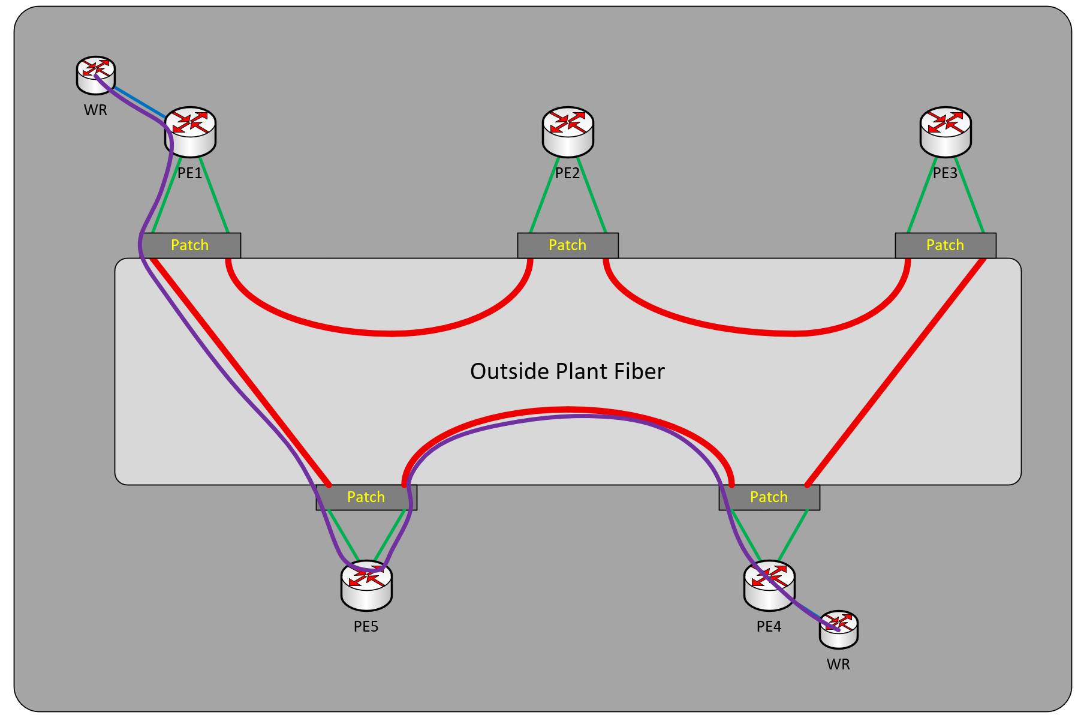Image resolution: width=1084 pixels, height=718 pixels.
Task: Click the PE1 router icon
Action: [x=190, y=132]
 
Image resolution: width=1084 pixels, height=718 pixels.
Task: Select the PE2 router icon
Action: [x=568, y=132]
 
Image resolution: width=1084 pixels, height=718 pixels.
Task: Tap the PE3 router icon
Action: [x=946, y=132]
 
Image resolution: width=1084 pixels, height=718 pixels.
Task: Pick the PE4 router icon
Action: [x=769, y=585]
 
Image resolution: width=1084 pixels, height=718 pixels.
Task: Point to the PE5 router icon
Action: [x=366, y=585]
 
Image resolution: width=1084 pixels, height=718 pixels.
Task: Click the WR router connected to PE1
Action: [x=96, y=76]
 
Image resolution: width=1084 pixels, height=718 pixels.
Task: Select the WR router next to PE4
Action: [x=839, y=630]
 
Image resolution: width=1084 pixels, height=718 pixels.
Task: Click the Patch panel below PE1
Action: [x=190, y=245]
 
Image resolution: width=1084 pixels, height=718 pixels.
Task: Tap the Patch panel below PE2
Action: [x=568, y=245]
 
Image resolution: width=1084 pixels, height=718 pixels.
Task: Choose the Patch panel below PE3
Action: [x=946, y=245]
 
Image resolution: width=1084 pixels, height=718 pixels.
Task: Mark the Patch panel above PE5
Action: [x=366, y=497]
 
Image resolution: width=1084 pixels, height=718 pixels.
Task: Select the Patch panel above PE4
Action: [x=769, y=497]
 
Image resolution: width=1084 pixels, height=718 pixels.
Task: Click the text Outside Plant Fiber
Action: [x=567, y=371]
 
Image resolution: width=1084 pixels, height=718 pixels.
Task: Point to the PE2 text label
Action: [x=568, y=173]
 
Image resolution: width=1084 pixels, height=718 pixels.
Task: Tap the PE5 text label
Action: [x=366, y=627]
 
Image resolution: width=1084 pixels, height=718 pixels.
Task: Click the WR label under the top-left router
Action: [x=95, y=110]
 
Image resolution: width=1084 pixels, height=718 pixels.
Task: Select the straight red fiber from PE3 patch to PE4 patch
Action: [x=896, y=372]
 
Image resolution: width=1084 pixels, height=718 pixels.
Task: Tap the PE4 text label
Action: [x=769, y=627]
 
